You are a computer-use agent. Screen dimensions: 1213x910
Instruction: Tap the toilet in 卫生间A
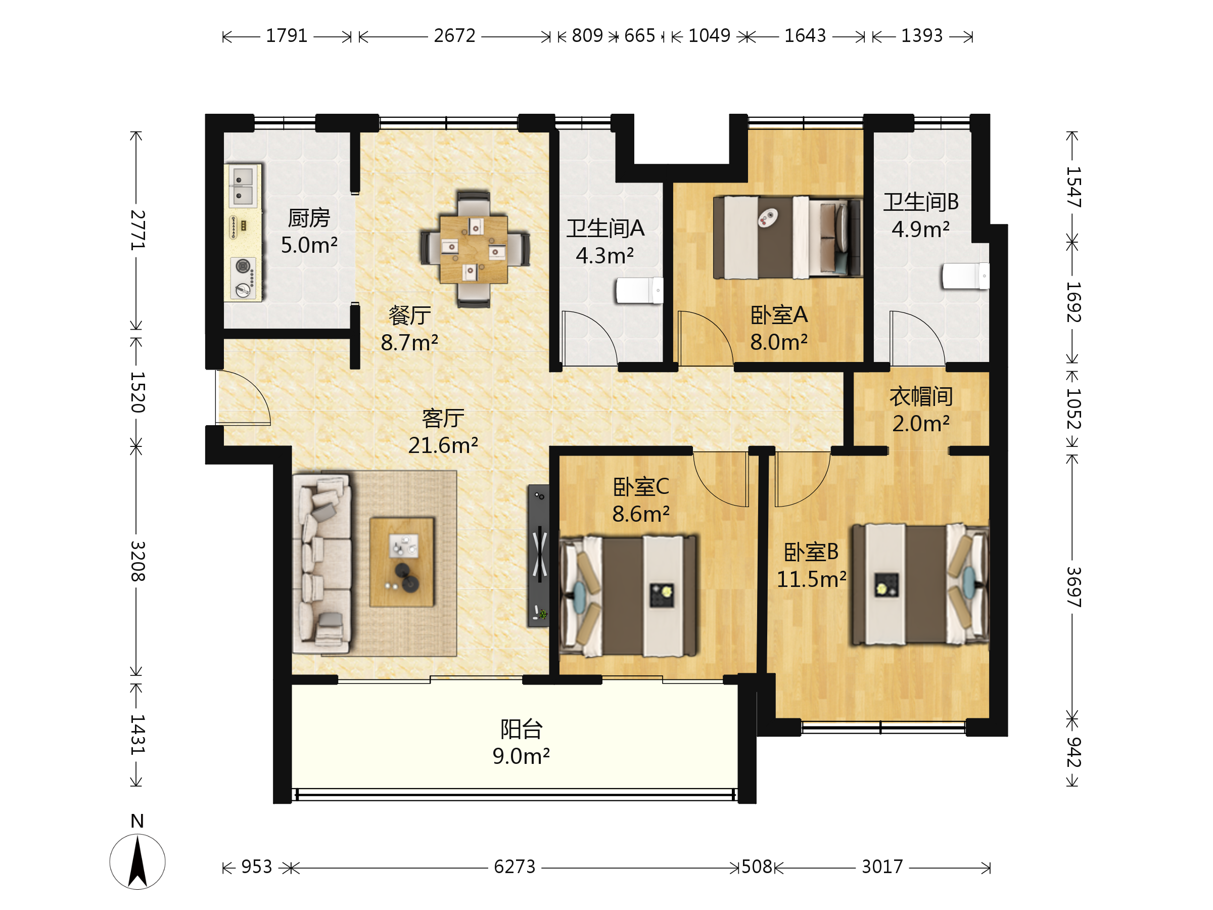click(639, 290)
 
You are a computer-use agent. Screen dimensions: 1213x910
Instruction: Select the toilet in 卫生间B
click(966, 276)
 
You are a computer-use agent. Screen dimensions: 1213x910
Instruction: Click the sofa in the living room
click(322, 563)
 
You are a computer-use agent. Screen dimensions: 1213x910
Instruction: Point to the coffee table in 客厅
click(402, 562)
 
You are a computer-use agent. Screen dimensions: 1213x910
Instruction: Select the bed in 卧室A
click(788, 237)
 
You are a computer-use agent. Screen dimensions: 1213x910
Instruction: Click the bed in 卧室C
click(628, 596)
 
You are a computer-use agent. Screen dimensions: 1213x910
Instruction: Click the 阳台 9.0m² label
click(521, 743)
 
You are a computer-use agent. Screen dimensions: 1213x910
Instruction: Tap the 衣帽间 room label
click(921, 396)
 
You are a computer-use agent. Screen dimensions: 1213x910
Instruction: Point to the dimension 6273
click(515, 867)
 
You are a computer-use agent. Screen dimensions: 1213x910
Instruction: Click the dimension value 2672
click(454, 36)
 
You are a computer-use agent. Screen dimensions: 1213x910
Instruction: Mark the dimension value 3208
click(137, 561)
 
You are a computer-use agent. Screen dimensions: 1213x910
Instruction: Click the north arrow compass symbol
click(137, 861)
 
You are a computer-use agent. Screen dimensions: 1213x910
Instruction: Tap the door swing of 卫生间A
click(590, 338)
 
